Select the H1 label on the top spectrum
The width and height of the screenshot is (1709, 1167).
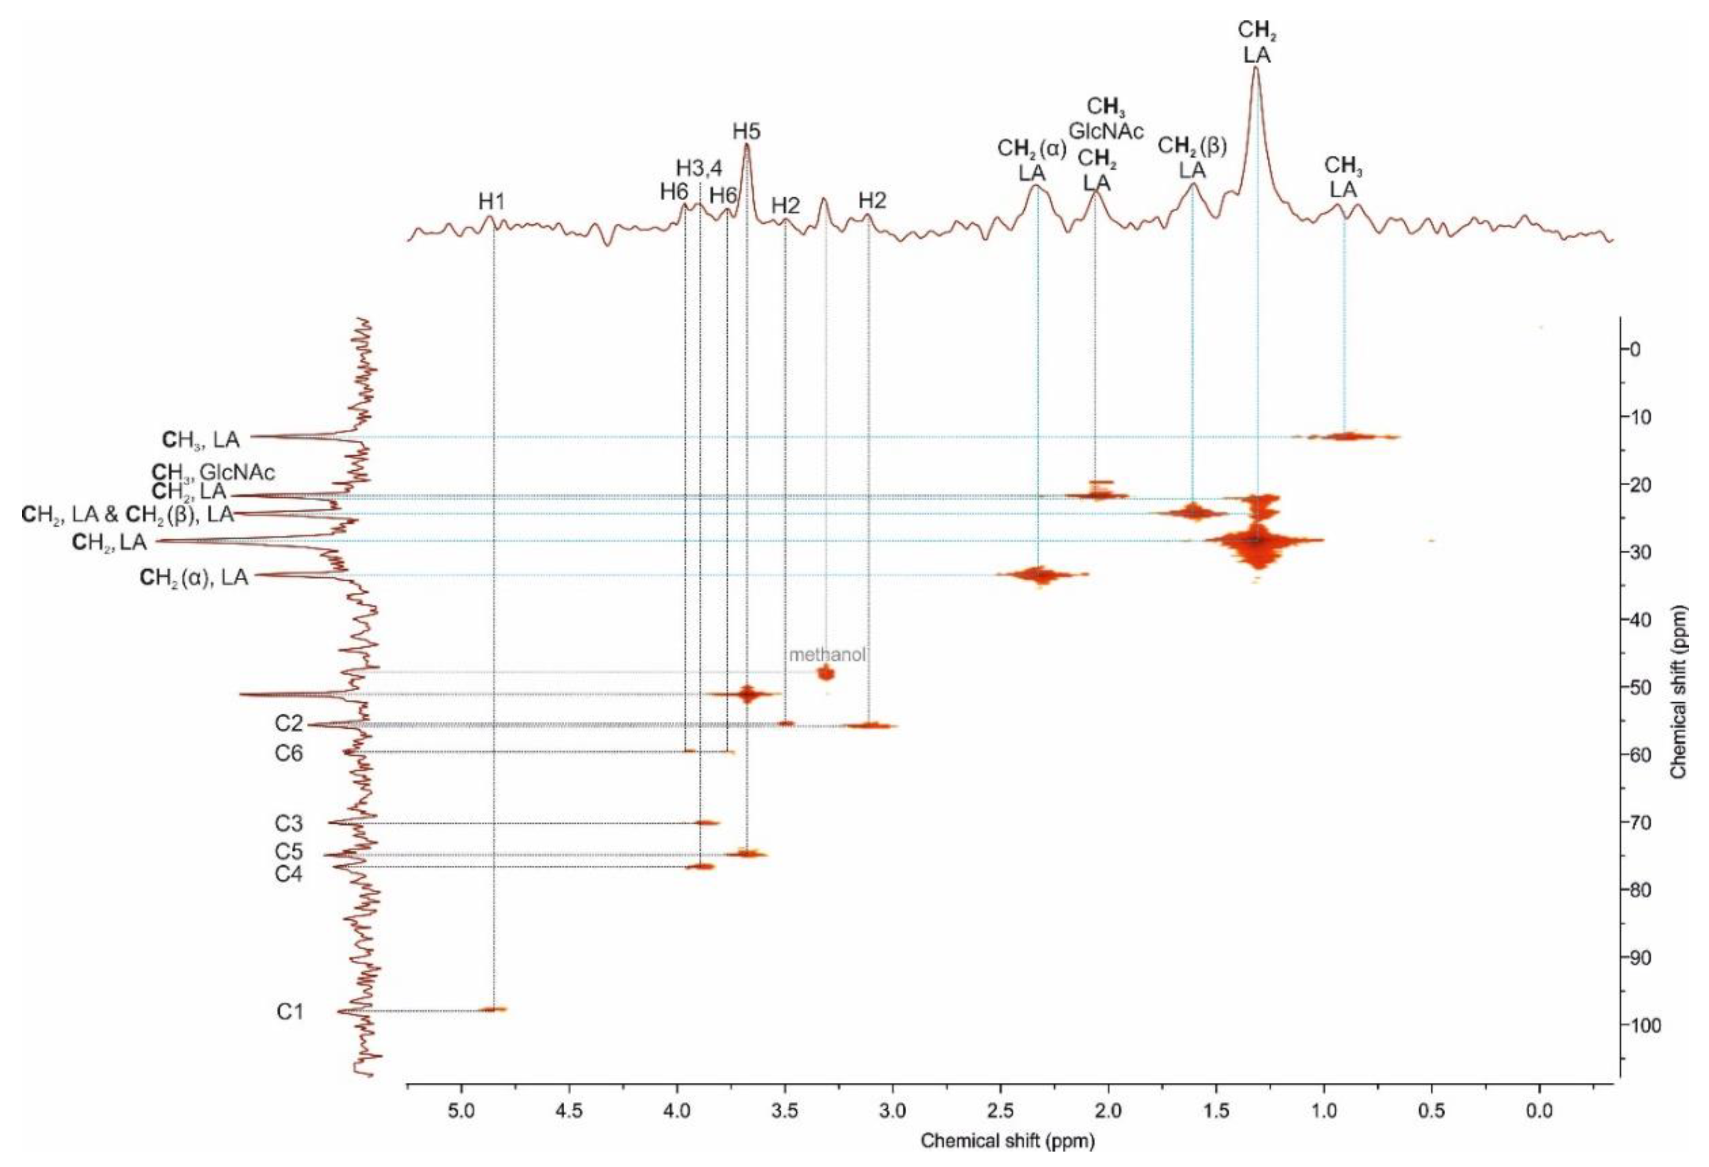click(492, 202)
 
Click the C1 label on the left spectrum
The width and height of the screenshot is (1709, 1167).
click(290, 1012)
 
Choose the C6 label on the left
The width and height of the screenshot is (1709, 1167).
click(289, 754)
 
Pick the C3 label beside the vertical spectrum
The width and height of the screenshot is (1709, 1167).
click(289, 824)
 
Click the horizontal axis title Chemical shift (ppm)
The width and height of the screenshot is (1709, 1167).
click(1007, 1142)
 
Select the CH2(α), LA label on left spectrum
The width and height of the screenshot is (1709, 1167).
click(194, 578)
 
